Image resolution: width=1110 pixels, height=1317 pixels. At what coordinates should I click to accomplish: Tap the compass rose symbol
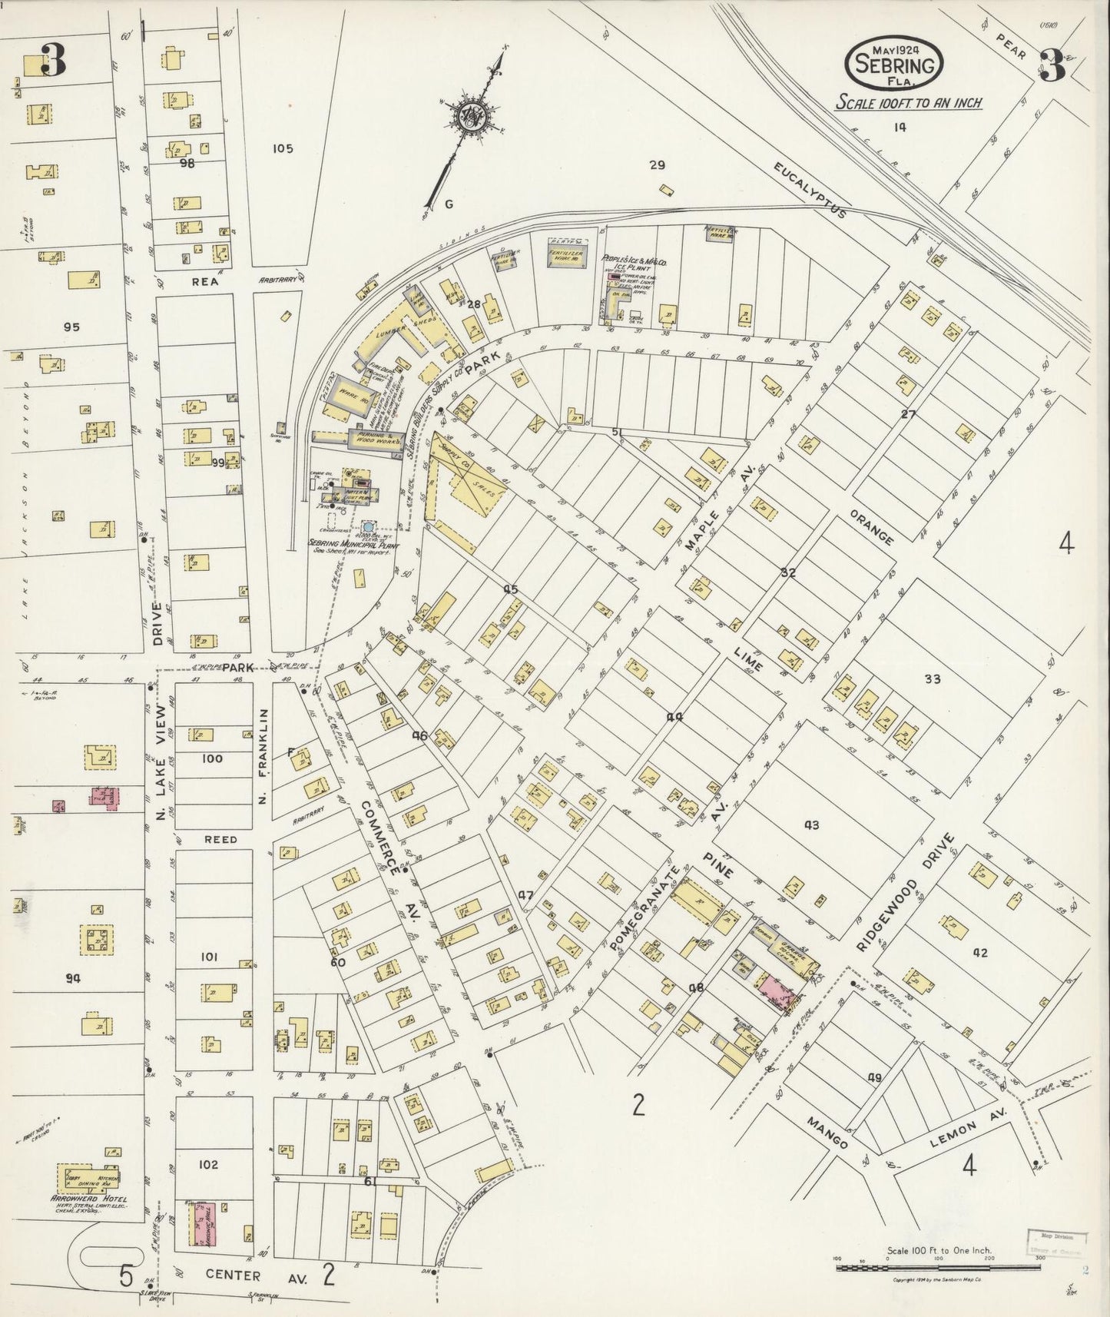click(468, 118)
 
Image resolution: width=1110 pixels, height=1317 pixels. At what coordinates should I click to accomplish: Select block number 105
click(283, 148)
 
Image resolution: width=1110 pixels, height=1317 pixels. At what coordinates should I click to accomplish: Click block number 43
click(811, 825)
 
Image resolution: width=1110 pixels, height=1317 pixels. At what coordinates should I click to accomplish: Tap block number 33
click(933, 678)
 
